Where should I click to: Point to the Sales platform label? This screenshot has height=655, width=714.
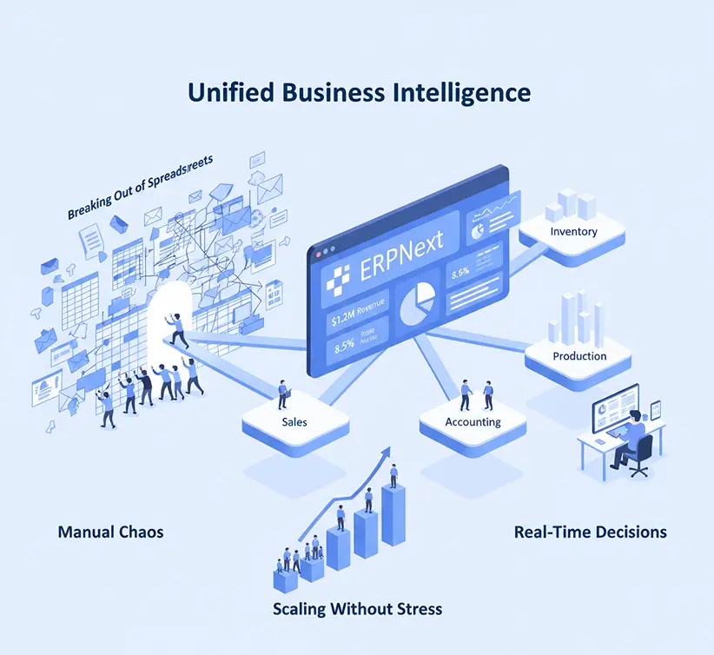294,421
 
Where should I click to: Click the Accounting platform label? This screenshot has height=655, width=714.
473,421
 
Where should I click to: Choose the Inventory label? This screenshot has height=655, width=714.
573,232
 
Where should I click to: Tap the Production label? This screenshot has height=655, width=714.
579,356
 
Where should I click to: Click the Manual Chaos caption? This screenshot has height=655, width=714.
110,531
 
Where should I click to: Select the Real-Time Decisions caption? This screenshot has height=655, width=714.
591,532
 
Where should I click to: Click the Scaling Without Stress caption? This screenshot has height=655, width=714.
357,608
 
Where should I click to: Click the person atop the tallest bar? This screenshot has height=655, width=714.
393,475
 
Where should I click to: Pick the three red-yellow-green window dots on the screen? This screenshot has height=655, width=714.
327,251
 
